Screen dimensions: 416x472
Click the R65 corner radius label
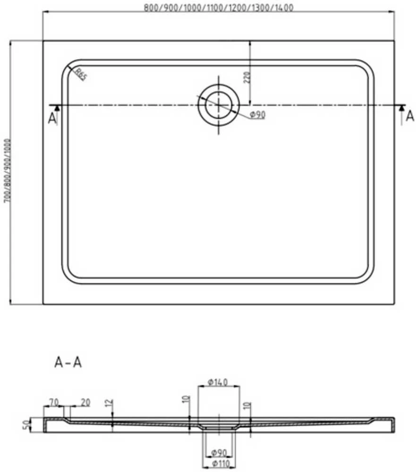81,75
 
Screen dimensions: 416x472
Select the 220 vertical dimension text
246,77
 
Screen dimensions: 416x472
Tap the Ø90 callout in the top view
258,115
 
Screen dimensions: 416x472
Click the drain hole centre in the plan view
219,105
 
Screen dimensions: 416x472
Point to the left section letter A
52,118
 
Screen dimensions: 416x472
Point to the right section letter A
410,116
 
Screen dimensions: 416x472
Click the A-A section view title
68,362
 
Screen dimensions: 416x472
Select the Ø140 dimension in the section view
218,382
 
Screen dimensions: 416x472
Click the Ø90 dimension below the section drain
219,453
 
